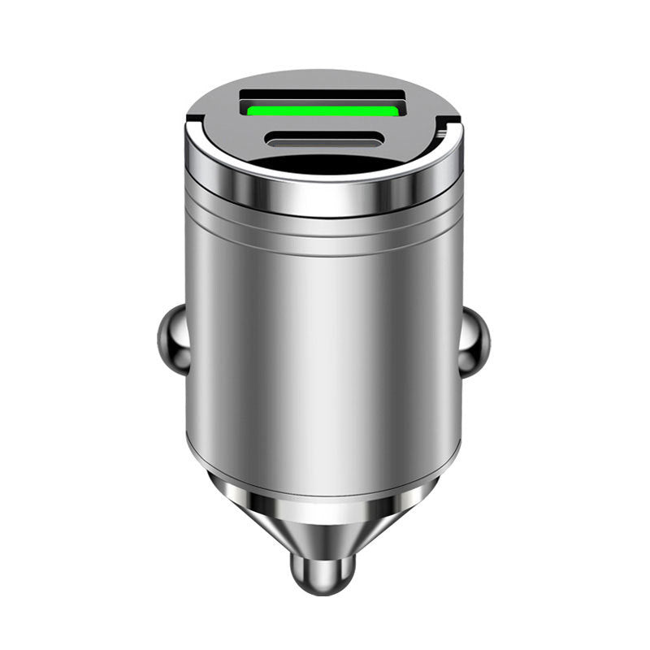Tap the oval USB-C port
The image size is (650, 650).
click(323, 139)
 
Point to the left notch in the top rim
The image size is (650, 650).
click(193, 123)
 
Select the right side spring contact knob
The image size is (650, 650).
click(474, 336)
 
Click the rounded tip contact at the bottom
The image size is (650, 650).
click(323, 569)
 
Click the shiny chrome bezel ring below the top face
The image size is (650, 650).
click(323, 193)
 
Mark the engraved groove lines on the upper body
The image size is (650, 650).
click(323, 232)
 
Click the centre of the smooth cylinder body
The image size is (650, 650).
click(323, 341)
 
